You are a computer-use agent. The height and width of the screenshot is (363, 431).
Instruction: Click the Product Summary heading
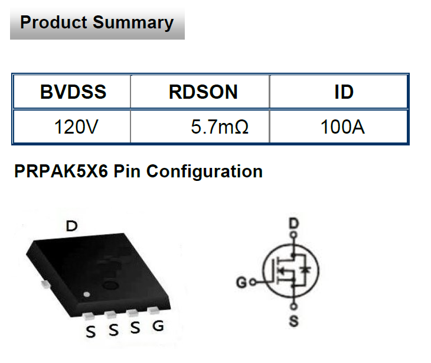[97, 23]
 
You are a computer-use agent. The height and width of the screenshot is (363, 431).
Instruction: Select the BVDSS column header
[73, 92]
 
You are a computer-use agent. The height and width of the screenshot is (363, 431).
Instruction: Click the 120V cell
[73, 127]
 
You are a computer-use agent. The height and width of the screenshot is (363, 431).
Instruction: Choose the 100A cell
[342, 127]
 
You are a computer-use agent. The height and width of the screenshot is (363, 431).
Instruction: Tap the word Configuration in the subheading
[204, 172]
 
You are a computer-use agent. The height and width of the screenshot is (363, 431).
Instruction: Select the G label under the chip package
[158, 326]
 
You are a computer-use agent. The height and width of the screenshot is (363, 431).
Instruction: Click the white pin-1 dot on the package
[87, 294]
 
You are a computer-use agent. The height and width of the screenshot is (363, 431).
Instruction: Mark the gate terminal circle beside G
[252, 282]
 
